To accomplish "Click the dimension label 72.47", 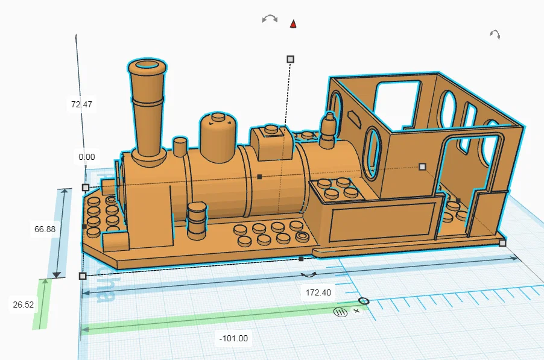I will [x=81, y=104].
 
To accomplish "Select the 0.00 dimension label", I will [x=86, y=157].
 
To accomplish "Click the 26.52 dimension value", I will [x=24, y=305].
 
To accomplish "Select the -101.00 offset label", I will [x=234, y=338].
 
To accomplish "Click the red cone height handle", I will [x=293, y=24].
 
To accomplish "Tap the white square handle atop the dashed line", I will [x=290, y=58].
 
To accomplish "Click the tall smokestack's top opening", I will [x=147, y=65].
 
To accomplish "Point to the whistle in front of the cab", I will [x=328, y=130].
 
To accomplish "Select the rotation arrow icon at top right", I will [x=495, y=34].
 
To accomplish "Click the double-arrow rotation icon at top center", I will [x=270, y=19].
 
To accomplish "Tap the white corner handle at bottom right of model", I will [x=502, y=243].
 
